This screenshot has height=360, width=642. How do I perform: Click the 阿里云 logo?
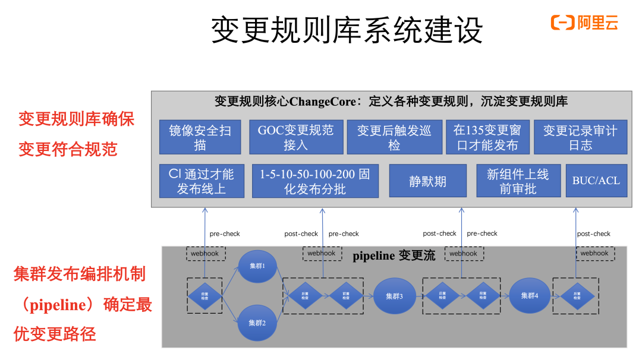(585, 23)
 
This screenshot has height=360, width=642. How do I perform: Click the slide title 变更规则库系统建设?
(347, 30)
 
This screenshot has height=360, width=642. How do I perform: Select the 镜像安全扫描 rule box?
(200, 137)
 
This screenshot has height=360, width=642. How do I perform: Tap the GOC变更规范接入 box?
(295, 137)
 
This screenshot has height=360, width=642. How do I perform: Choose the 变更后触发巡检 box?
(394, 137)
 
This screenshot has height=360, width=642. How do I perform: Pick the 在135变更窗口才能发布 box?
(487, 137)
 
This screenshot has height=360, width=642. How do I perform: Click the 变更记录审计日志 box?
(580, 137)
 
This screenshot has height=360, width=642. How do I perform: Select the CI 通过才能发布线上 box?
(202, 181)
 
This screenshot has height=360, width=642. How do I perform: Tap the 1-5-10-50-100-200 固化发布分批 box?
(315, 181)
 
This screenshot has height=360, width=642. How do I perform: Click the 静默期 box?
(427, 181)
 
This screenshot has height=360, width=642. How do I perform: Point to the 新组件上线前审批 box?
(518, 181)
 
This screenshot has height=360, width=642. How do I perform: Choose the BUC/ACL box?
(596, 181)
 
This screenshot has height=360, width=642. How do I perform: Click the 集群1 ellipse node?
(257, 266)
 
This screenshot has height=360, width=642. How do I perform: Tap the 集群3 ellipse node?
(394, 296)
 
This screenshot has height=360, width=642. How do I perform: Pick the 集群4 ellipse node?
(529, 295)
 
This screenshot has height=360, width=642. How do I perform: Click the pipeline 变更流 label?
(394, 256)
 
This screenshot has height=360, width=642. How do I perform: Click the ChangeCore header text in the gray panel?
(391, 102)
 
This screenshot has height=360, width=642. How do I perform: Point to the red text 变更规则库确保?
(76, 119)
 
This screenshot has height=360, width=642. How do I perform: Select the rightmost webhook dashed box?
(594, 253)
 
